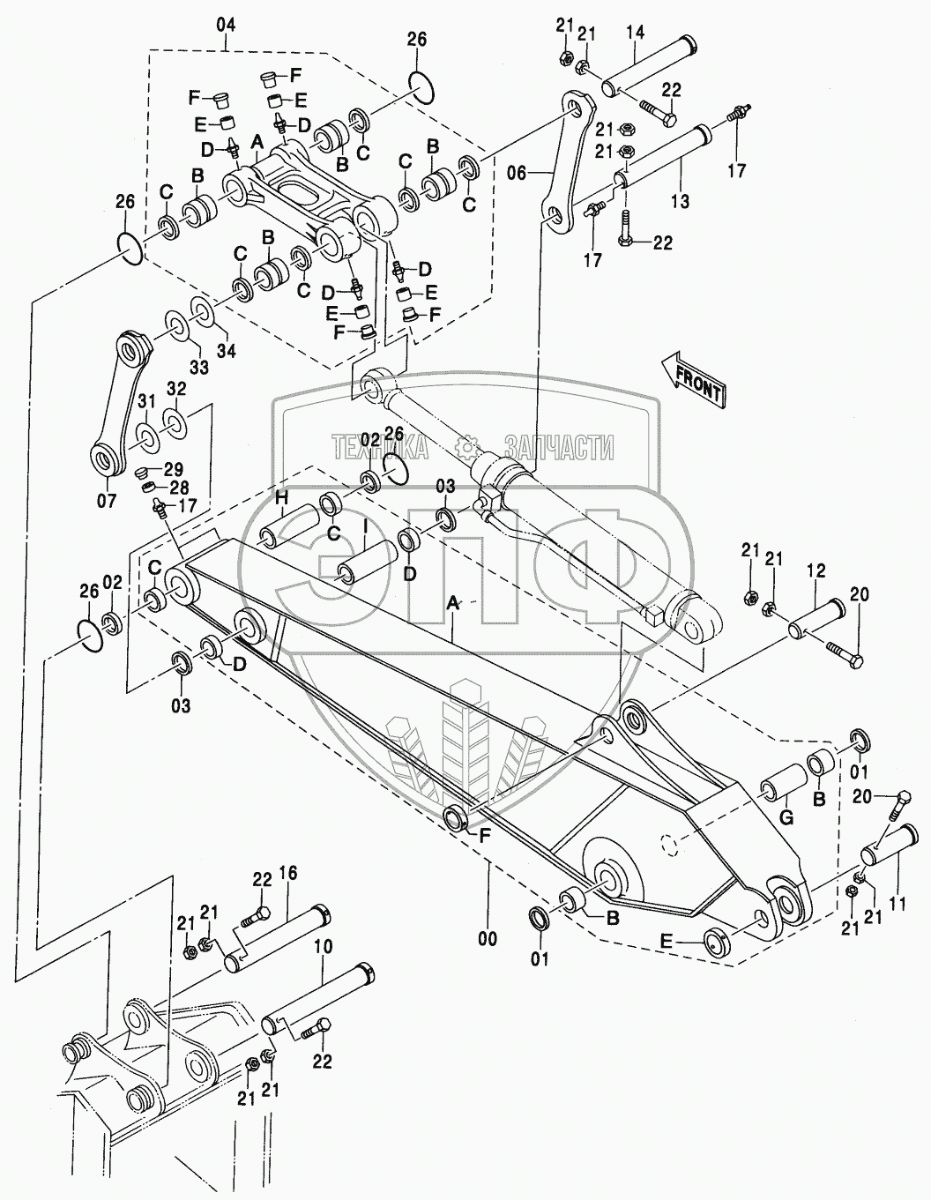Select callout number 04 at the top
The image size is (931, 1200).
point(226,25)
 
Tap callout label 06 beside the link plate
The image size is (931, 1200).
point(517,174)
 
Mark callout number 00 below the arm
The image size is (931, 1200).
point(487,939)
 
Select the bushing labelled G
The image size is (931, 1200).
point(781,786)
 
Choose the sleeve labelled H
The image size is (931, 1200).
point(288,525)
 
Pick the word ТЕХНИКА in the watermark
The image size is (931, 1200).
point(381,448)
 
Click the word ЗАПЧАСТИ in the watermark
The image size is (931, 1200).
point(559,448)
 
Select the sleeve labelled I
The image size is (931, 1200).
point(368,563)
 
